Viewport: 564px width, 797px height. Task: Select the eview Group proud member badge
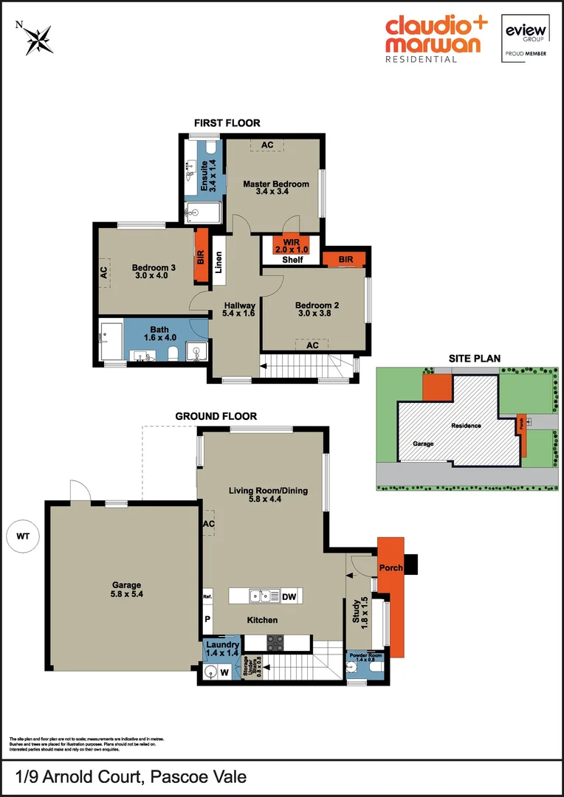tap(525, 38)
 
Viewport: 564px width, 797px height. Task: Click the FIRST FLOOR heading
tap(227, 123)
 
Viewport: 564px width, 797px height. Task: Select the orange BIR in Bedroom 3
tap(200, 256)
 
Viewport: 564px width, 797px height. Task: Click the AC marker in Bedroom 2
tap(312, 345)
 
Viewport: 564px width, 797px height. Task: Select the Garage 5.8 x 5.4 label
tap(122, 589)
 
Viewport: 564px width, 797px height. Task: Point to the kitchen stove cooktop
tap(275, 641)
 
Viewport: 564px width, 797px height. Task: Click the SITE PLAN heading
tap(475, 359)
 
